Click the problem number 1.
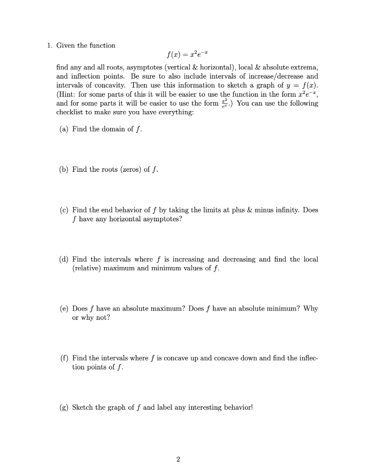point(49,45)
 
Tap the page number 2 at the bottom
point(178,459)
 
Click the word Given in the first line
point(66,45)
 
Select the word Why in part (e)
point(311,308)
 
